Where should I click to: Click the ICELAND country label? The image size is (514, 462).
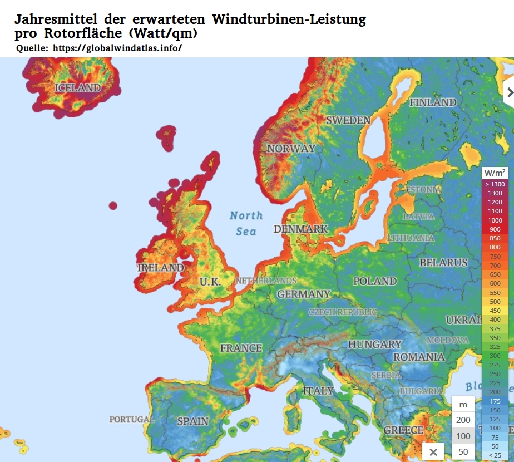78,87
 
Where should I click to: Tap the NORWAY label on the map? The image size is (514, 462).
291,149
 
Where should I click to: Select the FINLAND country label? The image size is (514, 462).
433,102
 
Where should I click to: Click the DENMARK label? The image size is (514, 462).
300,229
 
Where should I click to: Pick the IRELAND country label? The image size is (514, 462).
160,267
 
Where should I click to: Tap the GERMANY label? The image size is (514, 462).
304,293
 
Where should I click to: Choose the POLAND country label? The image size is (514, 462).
375,281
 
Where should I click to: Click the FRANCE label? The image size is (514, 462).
241,348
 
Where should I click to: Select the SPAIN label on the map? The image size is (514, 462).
192,421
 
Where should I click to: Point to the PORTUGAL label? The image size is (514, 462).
132,419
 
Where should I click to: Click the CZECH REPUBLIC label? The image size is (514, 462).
343,312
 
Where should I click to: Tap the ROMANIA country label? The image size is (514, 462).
419,357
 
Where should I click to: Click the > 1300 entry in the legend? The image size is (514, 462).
495,184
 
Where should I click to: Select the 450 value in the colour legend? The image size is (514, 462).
495,311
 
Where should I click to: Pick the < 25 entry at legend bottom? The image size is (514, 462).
495,455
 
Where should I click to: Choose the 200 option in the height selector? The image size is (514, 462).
463,420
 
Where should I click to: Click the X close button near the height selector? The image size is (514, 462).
433,451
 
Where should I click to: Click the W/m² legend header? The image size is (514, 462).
495,173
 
